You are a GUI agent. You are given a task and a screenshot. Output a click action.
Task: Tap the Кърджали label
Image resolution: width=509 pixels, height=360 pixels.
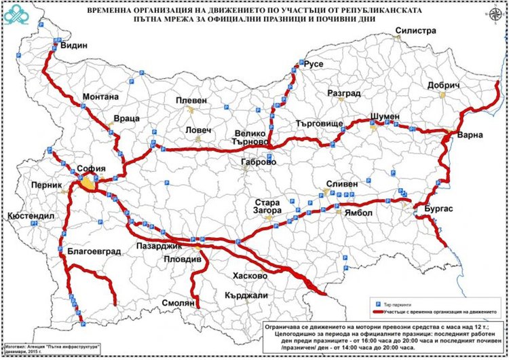248,296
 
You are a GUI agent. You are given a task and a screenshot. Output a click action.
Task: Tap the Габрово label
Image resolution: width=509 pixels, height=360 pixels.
259,163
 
